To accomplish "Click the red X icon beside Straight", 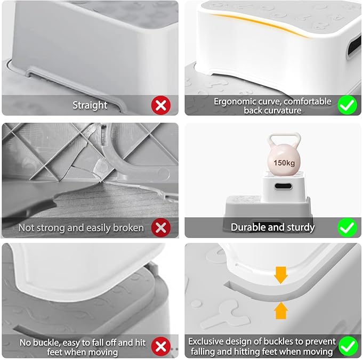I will pyautogui.click(x=160, y=105).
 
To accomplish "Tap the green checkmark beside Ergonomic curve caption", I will pyautogui.click(x=347, y=105).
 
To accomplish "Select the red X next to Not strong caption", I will pyautogui.click(x=160, y=227).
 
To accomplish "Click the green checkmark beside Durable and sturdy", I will pyautogui.click(x=347, y=227).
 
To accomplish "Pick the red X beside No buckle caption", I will pyautogui.click(x=160, y=347).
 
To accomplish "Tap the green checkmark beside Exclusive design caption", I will pyautogui.click(x=347, y=347).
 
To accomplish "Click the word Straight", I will pyautogui.click(x=90, y=105).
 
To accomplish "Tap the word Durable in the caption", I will pyautogui.click(x=248, y=227).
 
